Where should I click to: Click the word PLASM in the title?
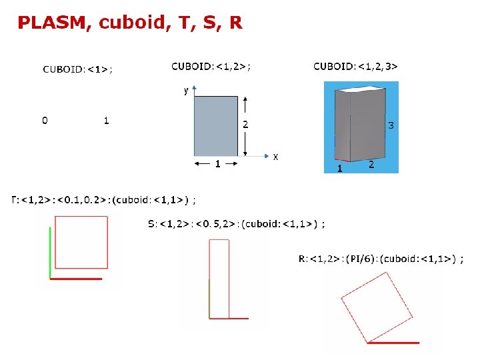point(52,23)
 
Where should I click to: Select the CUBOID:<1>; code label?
point(77,69)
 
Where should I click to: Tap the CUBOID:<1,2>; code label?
point(211,67)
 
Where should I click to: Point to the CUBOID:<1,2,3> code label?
point(355,67)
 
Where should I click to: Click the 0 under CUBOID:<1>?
point(45,120)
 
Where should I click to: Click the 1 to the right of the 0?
point(106,120)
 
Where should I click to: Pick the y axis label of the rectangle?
point(186,91)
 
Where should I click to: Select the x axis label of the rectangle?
point(275,157)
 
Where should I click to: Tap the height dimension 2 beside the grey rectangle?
point(245,124)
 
